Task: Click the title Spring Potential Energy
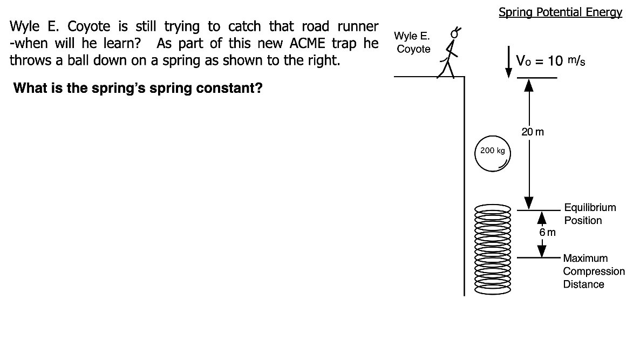[560, 12]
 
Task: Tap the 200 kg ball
[492, 153]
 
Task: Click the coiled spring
[492, 249]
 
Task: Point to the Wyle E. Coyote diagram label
[413, 43]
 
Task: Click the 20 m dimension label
[532, 131]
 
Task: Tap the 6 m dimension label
[547, 233]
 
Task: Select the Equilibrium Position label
[589, 214]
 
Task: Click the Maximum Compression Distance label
[594, 271]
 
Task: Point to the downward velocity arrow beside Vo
[508, 61]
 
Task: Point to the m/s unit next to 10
[577, 60]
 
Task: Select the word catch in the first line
[241, 26]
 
